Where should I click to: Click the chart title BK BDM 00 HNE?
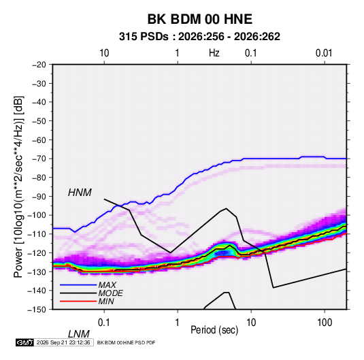[x=200, y=19]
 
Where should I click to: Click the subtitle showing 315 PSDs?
[x=199, y=37]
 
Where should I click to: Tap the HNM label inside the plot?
[x=80, y=193]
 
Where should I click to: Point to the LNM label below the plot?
[x=79, y=334]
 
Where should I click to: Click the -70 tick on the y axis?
[x=39, y=159]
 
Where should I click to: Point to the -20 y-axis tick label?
[x=39, y=65]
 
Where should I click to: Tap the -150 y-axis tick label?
[x=37, y=309]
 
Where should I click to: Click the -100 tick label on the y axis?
[x=37, y=215]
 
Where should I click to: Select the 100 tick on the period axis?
[x=325, y=323]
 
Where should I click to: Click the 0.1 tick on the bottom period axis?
[x=104, y=323]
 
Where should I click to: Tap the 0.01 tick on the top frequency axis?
[x=324, y=53]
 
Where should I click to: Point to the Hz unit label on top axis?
[x=214, y=53]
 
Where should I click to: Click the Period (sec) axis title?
[x=214, y=330]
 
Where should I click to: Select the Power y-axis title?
[x=18, y=186]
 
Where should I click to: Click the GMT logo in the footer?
[x=24, y=342]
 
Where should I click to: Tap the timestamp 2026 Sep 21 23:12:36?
[x=63, y=342]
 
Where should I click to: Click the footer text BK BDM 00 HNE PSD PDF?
[x=126, y=342]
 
